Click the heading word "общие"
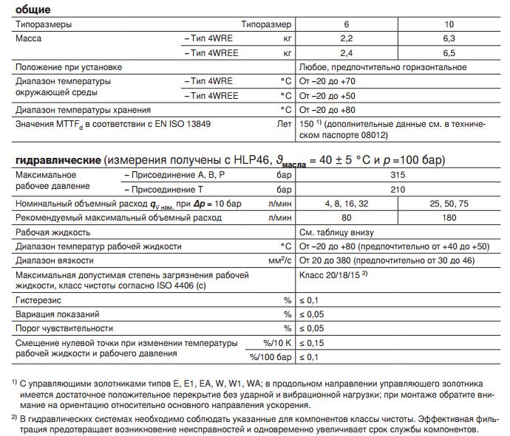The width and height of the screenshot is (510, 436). coord(33,10)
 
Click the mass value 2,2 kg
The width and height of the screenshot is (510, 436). coord(347,36)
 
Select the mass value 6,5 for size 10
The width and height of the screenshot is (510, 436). coord(448,52)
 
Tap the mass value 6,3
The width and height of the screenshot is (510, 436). coord(448,36)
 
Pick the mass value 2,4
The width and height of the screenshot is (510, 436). coord(347,52)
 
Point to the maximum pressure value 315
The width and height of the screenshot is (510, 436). coord(397,175)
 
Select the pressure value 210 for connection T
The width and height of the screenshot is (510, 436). coord(397,189)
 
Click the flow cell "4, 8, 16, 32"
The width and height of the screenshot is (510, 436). coord(347,203)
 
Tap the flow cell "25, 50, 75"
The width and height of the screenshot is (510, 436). coord(448,203)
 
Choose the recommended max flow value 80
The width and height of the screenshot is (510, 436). coord(347,217)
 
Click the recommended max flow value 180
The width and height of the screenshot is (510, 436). coord(448,217)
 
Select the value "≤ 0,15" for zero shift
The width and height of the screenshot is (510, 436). coord(313,343)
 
